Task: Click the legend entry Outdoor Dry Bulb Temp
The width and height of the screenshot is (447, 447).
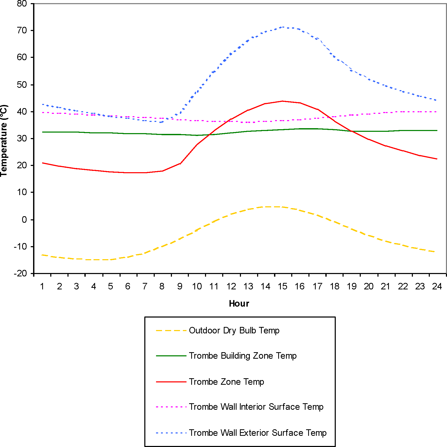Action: coord(234,331)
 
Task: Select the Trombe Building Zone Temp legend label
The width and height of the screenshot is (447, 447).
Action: coord(243,356)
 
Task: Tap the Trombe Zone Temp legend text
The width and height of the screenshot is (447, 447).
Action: coord(226,382)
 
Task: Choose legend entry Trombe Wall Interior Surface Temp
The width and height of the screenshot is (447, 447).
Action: coord(256,407)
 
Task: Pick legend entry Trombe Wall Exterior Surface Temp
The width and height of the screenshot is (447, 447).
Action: coord(258,433)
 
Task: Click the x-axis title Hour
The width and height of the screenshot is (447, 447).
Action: coord(239,304)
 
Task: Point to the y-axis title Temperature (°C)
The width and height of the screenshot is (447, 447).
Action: coord(4,141)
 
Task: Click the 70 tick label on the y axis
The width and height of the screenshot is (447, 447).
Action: coord(22,30)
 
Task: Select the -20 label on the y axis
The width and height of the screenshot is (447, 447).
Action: coord(20,274)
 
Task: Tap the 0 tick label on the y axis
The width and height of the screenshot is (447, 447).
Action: coord(24,220)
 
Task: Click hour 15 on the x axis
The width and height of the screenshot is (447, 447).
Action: coord(282,287)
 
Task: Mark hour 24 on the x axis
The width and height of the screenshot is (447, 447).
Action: coord(437,287)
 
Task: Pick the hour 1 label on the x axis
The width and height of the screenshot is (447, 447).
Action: coord(42,287)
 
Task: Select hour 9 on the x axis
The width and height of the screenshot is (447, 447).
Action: coord(180,287)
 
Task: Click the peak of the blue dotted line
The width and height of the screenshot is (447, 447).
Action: coord(283,27)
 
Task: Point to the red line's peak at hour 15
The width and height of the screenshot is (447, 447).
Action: coord(283,101)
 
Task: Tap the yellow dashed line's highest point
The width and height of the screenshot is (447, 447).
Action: coord(274,207)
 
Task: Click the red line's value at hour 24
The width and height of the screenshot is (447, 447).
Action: coord(437,159)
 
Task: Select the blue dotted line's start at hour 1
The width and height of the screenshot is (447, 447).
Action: coord(43,104)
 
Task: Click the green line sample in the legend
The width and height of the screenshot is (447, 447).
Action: coord(171,356)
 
